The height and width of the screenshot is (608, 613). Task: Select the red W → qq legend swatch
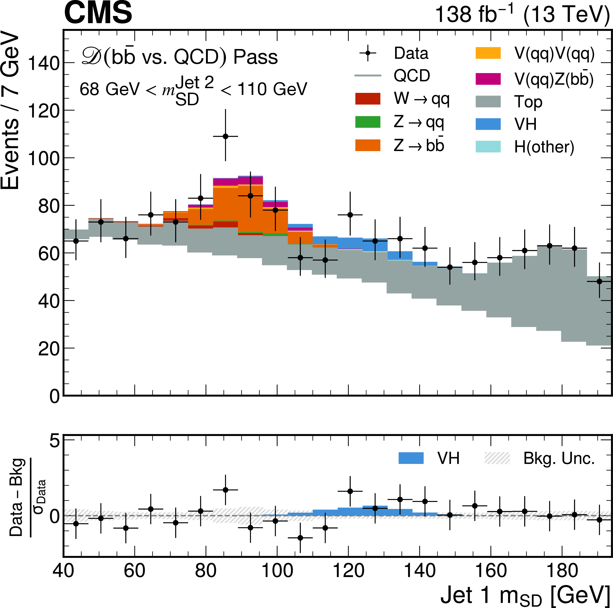pos(367,99)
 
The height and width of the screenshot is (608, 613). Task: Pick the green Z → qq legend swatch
pos(367,122)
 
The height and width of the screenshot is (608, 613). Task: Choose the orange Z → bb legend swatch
pos(367,145)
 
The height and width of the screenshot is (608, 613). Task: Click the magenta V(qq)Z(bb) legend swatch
pos(488,79)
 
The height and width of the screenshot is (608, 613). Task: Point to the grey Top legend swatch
pos(488,102)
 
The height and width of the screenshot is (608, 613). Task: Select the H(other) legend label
pos(544,147)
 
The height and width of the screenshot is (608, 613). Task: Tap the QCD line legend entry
pos(367,76)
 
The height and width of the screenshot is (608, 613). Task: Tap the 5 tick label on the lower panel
pos(55,441)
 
